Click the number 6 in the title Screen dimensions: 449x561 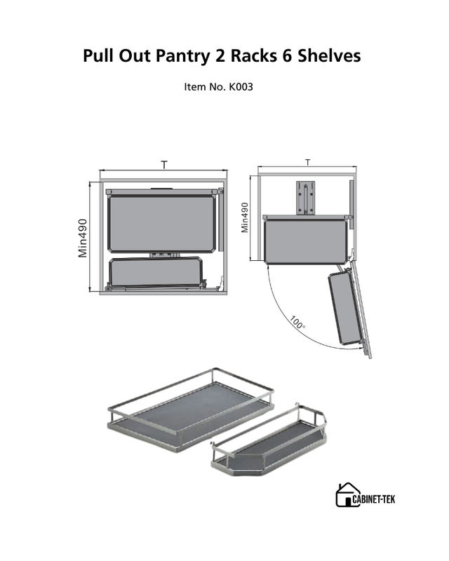click(287, 55)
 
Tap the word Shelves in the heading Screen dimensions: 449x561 click(330, 55)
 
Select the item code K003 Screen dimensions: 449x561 click(241, 87)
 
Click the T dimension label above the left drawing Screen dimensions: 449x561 click(164, 165)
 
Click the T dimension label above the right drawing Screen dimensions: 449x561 click(308, 163)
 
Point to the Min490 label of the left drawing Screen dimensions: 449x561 click(83, 238)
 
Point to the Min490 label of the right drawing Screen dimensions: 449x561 click(245, 217)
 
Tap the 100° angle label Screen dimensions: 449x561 click(297, 323)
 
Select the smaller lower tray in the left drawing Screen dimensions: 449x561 click(156, 271)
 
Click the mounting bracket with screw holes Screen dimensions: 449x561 click(306, 198)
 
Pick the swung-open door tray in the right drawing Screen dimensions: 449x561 click(344, 308)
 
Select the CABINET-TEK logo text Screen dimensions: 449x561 click(374, 499)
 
